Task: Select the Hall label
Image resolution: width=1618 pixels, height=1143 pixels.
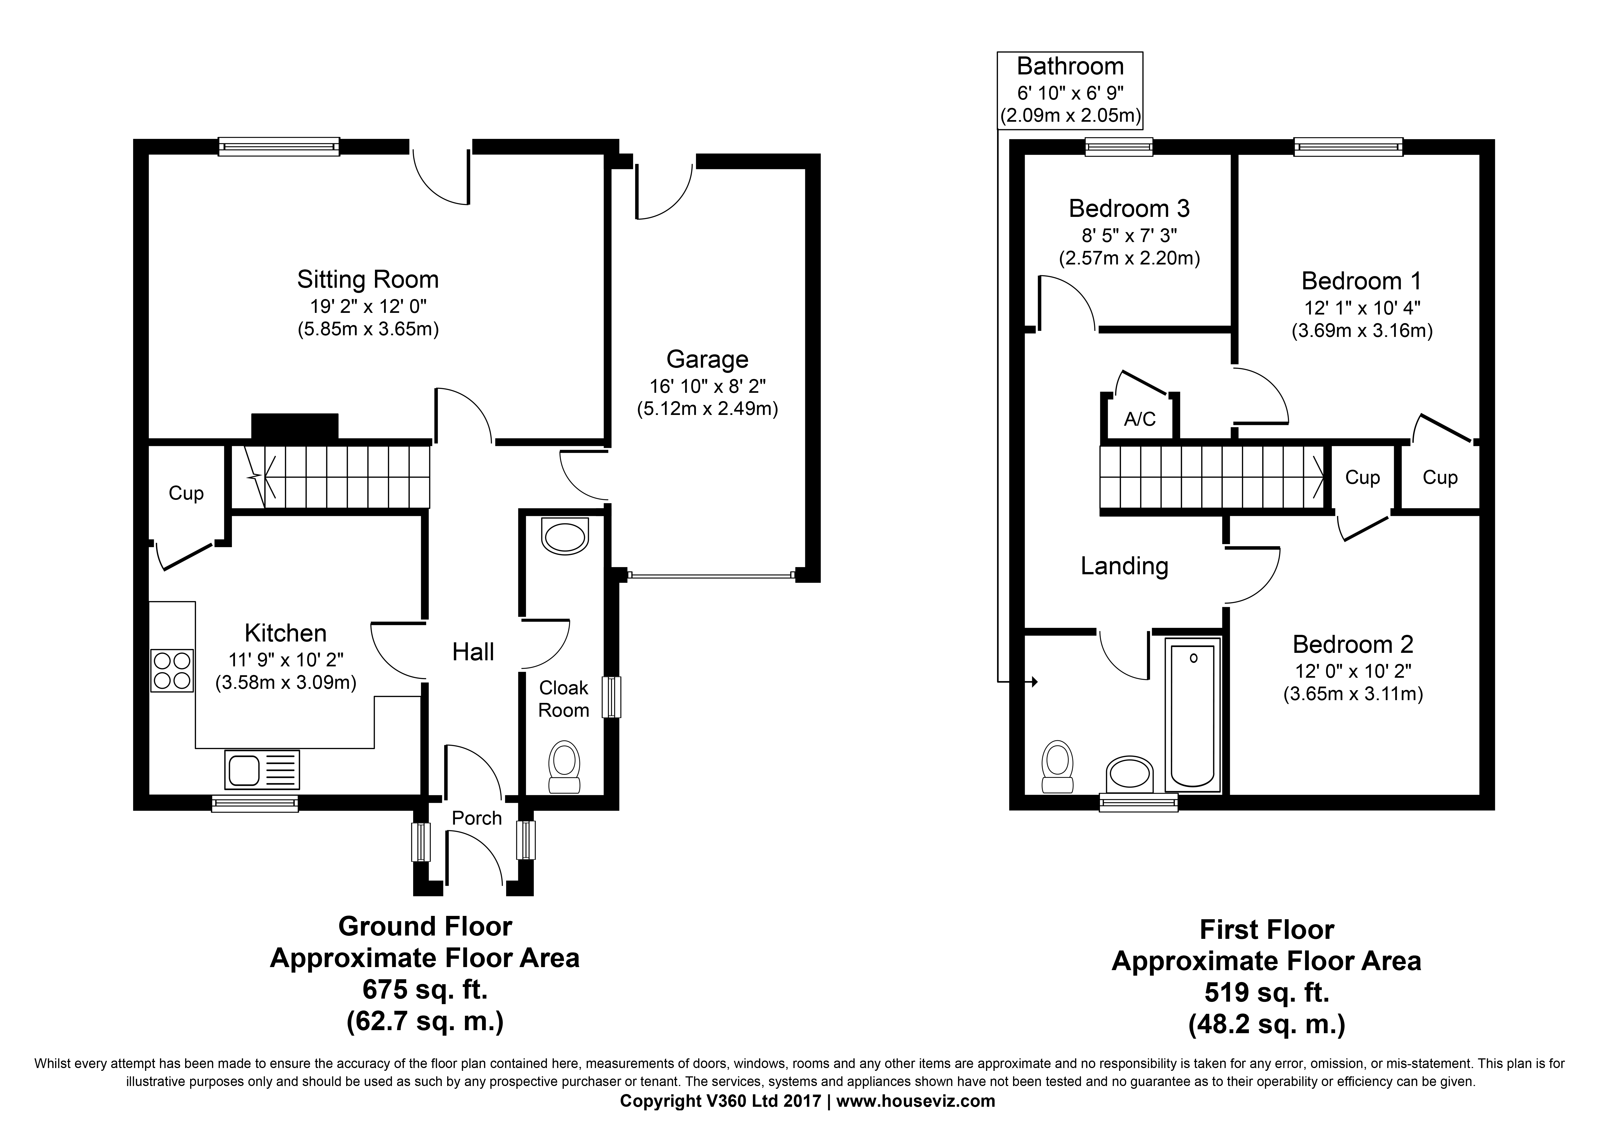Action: pos(473,652)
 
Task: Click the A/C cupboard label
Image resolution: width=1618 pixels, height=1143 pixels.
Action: pos(1140,420)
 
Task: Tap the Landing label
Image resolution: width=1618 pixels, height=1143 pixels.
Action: pos(1124,566)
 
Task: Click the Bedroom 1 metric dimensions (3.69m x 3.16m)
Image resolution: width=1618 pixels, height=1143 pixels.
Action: pos(1361,331)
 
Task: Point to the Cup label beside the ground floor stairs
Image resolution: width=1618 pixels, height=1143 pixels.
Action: pos(186,493)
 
